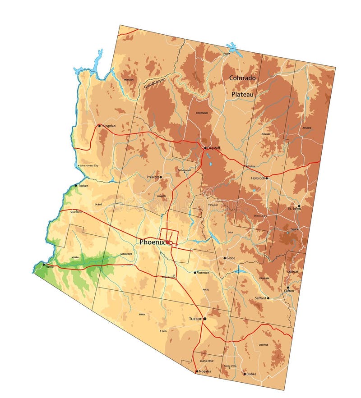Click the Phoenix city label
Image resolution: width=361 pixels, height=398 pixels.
pyautogui.click(x=153, y=242)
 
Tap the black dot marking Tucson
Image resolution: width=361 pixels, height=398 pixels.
pyautogui.click(x=205, y=319)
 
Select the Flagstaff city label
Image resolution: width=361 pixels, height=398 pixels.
pyautogui.click(x=213, y=147)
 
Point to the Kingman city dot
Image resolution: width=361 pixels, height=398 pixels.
pyautogui.click(x=100, y=126)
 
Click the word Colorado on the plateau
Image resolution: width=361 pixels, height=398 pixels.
pyautogui.click(x=242, y=78)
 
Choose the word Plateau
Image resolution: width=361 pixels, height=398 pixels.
pyautogui.click(x=243, y=94)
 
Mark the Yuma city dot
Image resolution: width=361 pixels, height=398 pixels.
pyautogui.click(x=44, y=265)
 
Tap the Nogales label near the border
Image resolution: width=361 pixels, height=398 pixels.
pyautogui.click(x=205, y=371)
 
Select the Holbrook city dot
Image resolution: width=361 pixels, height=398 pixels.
pyautogui.click(x=267, y=178)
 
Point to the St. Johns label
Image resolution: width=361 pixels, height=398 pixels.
pyautogui.click(x=294, y=208)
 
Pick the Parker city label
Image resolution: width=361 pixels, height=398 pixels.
pyautogui.click(x=83, y=186)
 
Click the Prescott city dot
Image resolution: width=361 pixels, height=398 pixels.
pyautogui.click(x=160, y=177)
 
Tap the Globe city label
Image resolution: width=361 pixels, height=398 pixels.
pyautogui.click(x=231, y=258)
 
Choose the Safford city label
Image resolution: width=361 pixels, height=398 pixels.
pyautogui.click(x=260, y=298)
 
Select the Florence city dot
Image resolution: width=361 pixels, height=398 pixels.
pyautogui.click(x=195, y=273)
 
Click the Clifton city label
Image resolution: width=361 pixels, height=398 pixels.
pyautogui.click(x=289, y=291)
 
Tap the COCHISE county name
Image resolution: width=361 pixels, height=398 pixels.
pyautogui.click(x=263, y=345)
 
